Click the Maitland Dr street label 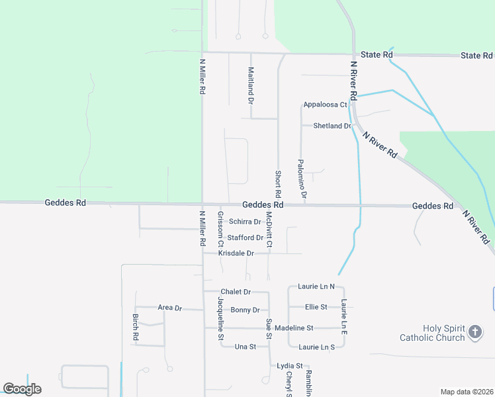251,85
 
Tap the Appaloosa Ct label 325,105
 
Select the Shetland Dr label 332,126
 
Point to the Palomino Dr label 301,179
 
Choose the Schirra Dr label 244,222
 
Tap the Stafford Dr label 245,238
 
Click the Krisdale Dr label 236,253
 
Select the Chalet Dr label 236,292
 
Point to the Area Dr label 169,308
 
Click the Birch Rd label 135,327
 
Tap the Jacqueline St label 220,318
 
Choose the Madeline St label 293,328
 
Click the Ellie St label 316,307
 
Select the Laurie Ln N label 316,287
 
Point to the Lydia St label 290,365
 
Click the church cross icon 474,332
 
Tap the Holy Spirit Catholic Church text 432,333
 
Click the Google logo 22,389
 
